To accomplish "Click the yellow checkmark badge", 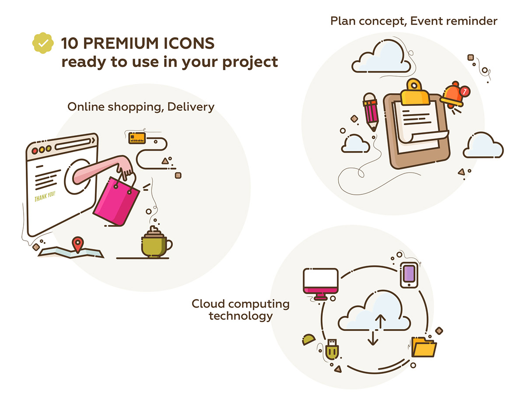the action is coord(43,43).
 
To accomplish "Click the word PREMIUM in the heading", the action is coord(121,43).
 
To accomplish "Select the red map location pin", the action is coord(78,245).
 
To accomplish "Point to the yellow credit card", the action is coord(137,138).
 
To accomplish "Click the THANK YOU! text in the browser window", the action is coord(45,197).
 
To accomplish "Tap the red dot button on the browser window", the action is coord(35,151).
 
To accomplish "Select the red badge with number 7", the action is coord(465,91).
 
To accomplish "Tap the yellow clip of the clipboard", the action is coord(415,93).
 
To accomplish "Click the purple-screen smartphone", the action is coord(409,275).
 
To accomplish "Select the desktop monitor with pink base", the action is coord(321,284).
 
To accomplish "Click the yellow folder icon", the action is coord(423,347).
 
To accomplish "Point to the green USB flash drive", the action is coord(332,349).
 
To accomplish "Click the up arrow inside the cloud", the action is coord(380,321).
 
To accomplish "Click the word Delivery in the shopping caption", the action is coord(191,107).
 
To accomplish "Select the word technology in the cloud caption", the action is coord(241,316).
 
